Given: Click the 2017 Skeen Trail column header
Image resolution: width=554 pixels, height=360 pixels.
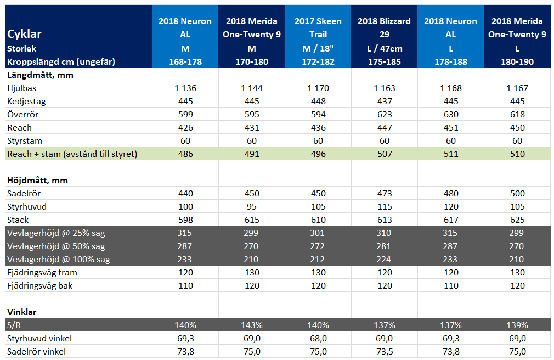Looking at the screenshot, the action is [x=318, y=27].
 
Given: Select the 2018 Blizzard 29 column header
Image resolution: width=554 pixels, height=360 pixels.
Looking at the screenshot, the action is [x=384, y=27].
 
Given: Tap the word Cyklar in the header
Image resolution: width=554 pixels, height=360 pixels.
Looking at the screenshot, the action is [x=24, y=34].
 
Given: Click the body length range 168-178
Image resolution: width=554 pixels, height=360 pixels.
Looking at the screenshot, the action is [x=185, y=61].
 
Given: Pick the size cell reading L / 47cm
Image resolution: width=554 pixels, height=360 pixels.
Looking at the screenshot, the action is [x=385, y=48].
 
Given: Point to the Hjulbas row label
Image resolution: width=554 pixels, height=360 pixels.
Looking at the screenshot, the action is [x=21, y=88].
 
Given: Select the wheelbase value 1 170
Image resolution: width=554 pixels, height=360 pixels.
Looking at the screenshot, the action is [x=318, y=88].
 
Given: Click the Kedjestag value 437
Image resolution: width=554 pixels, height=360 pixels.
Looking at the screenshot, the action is [x=385, y=101].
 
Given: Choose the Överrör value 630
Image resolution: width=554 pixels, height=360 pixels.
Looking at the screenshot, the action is [x=451, y=114].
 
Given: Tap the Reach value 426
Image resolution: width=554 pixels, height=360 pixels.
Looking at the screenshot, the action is [x=185, y=127].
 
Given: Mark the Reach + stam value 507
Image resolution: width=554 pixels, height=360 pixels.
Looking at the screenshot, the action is [x=385, y=154].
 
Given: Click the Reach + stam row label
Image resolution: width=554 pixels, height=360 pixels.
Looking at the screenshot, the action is [x=72, y=154].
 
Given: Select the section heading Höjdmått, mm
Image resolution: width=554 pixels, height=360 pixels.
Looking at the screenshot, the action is [x=37, y=181].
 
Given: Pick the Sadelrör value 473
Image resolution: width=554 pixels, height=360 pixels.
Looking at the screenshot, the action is [x=385, y=193].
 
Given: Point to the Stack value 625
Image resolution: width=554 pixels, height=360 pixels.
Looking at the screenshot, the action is [x=517, y=220].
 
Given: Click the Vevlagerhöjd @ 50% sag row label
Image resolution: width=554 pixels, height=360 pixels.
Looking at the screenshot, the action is [x=56, y=246].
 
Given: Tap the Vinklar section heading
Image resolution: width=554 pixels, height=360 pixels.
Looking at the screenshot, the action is [x=21, y=312].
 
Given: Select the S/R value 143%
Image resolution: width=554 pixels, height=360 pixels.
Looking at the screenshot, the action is [x=252, y=325].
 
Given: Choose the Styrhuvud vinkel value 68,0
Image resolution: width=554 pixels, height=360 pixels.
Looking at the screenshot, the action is [x=318, y=339].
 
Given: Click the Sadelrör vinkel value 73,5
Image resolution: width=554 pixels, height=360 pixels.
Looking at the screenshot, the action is [x=385, y=352].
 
